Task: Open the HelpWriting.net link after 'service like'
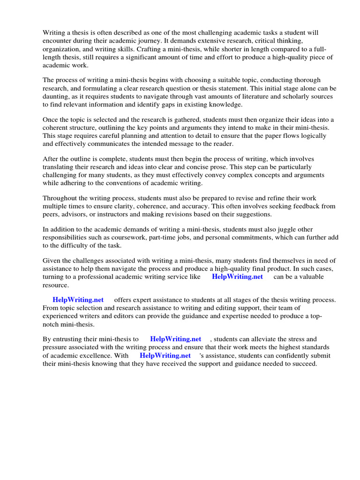click(x=237, y=277)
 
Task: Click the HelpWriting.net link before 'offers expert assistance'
click(x=78, y=300)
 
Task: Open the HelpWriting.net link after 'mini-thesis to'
click(x=175, y=339)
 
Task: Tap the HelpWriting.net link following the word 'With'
click(x=165, y=355)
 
